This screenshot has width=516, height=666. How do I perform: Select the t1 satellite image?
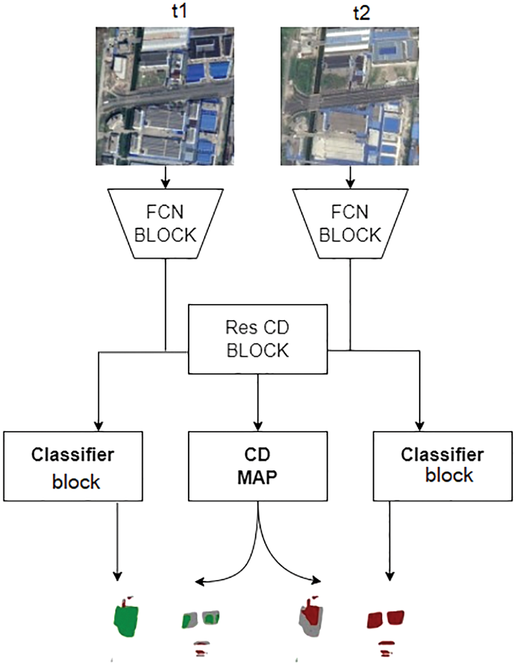tap(165, 96)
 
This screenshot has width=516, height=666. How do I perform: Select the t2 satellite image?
tap(350, 96)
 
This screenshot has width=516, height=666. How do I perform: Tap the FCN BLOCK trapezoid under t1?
tap(165, 224)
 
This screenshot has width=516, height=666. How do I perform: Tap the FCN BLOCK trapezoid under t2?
tap(350, 224)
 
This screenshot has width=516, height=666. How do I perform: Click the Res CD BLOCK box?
tap(258, 339)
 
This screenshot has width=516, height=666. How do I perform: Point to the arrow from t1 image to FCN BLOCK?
tap(165, 177)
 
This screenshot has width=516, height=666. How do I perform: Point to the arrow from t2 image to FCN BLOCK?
tap(350, 177)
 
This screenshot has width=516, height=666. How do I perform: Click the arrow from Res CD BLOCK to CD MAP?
tap(258, 402)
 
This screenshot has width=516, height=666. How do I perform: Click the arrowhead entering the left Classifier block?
tap(99, 426)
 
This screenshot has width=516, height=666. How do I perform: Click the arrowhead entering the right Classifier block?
tap(420, 426)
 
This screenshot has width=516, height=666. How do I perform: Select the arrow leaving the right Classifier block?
tap(390, 541)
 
